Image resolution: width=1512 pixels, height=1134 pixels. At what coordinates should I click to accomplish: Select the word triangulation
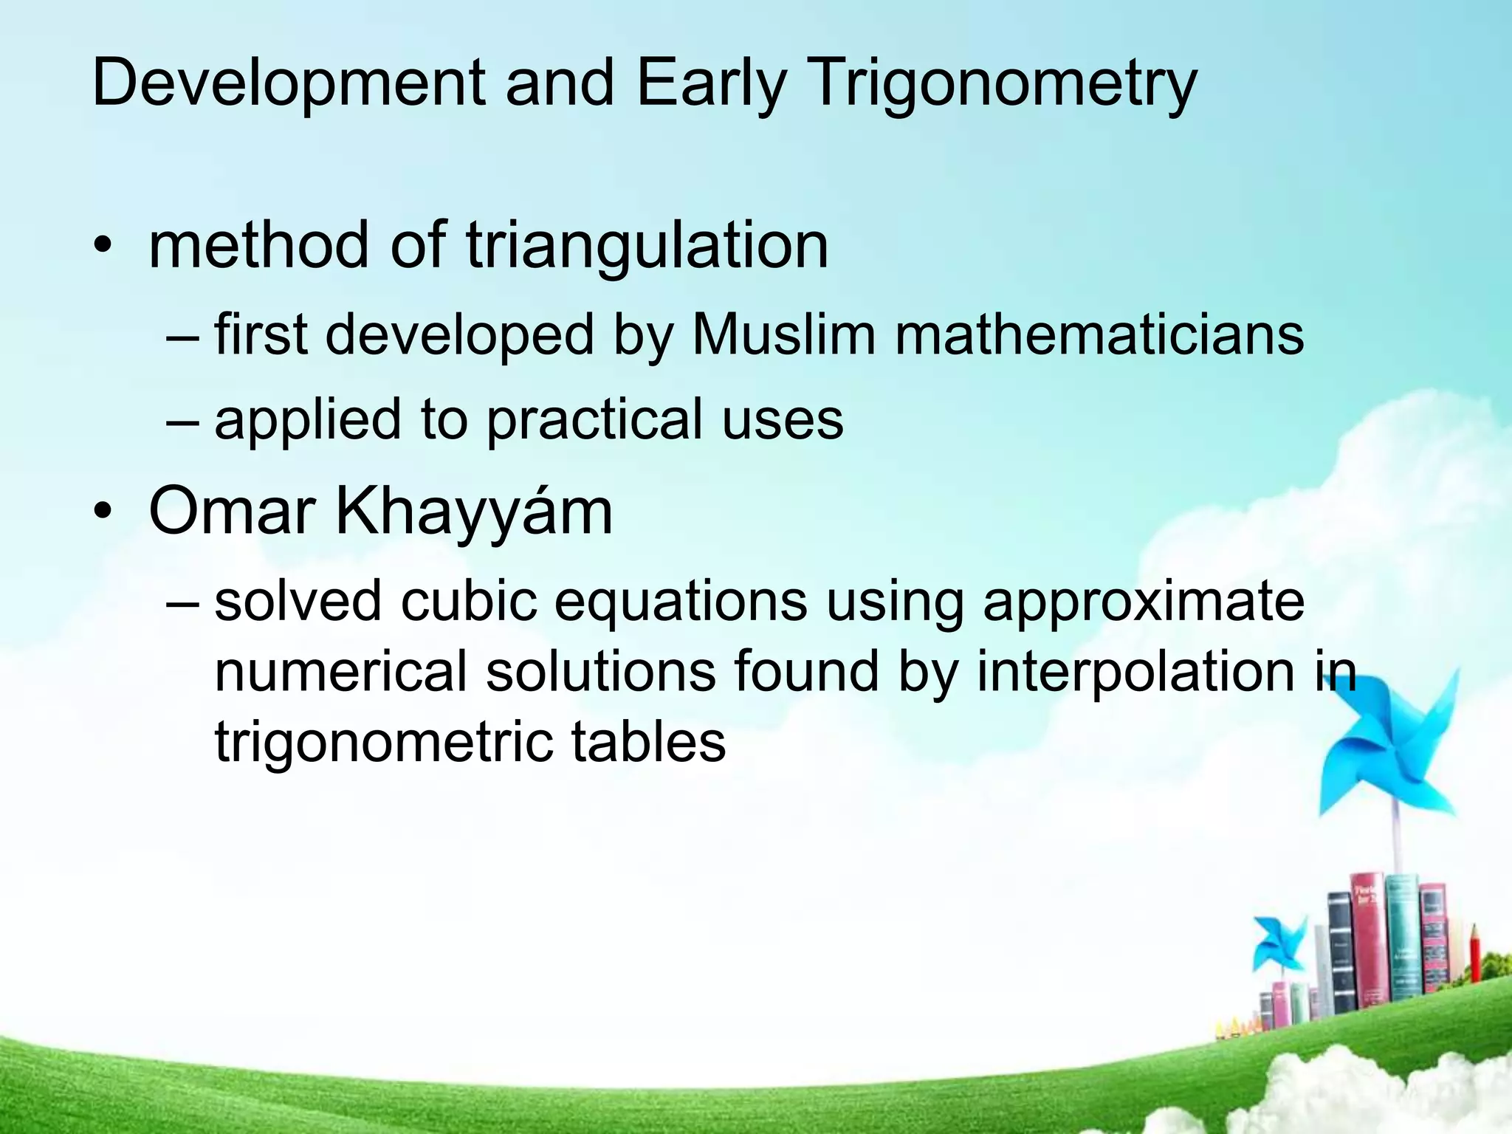tap(647, 245)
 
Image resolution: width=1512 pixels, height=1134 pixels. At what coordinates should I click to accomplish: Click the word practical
tap(594, 419)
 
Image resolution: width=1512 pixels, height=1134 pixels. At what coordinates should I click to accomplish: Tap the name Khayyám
tap(474, 511)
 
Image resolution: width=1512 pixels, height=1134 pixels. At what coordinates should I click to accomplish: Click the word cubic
tap(468, 600)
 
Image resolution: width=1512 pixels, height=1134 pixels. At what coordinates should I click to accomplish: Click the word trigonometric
tap(384, 742)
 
